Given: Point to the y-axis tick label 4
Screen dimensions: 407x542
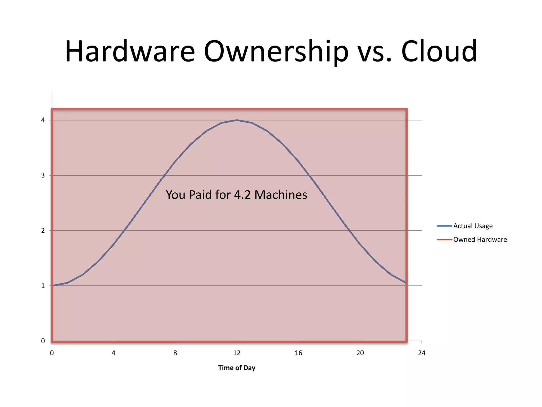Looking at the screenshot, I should click(x=43, y=120).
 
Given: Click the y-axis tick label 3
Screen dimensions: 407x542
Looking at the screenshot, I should click(x=43, y=175).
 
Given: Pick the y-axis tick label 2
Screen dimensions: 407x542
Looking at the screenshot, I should click(x=43, y=231).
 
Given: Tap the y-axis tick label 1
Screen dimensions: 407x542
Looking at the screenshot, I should click(x=43, y=286).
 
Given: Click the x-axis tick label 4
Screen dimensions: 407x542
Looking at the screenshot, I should click(x=114, y=353).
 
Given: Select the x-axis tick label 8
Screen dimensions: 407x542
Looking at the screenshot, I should click(x=175, y=353).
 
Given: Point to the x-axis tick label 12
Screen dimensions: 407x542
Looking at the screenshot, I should click(x=237, y=353).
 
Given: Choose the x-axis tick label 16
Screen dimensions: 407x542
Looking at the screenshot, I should click(x=299, y=353).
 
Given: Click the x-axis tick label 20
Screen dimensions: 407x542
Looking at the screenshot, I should click(x=360, y=353).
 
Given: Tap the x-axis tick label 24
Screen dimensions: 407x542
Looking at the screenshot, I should click(x=422, y=353).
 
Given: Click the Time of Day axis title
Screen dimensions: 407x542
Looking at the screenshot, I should click(x=237, y=368).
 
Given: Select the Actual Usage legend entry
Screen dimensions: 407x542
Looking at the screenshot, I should click(x=473, y=226).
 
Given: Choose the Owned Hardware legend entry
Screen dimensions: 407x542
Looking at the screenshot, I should click(x=480, y=240).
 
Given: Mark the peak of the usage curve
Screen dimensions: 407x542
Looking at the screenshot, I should click(x=237, y=120).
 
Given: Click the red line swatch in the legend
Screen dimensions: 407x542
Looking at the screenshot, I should click(x=444, y=240).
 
